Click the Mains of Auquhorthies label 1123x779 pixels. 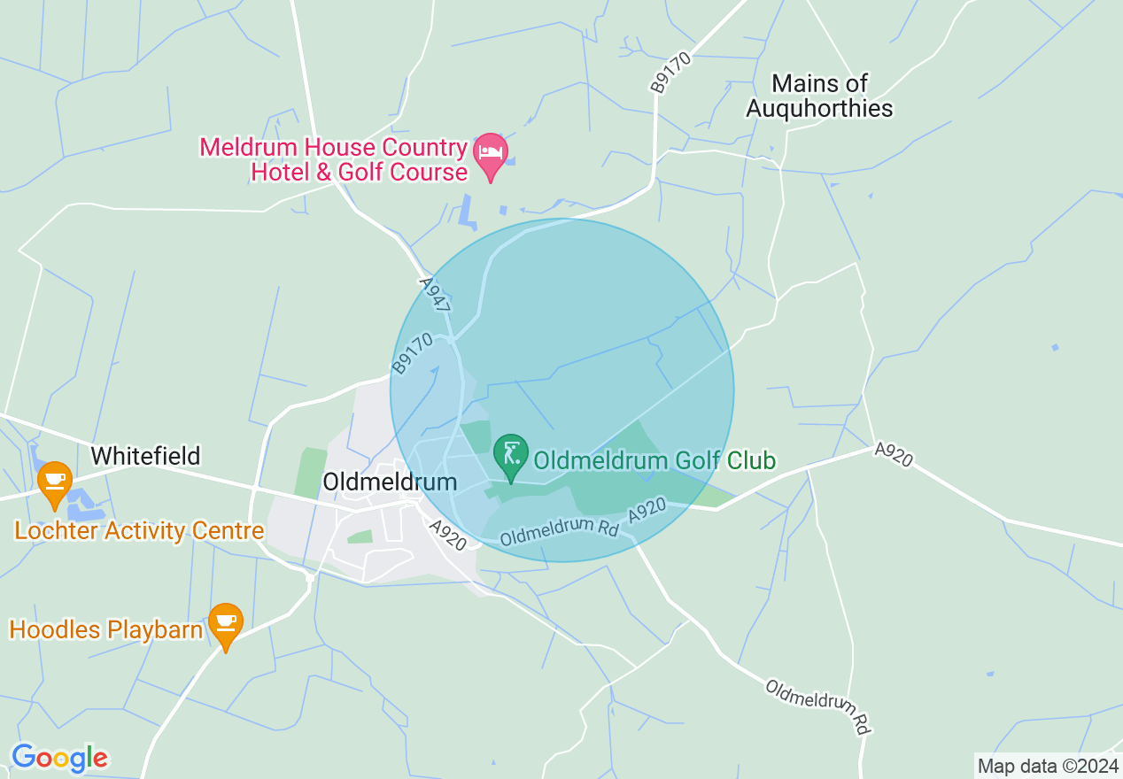coord(819,96)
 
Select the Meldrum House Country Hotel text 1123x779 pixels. coord(333,158)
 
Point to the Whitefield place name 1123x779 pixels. coord(146,456)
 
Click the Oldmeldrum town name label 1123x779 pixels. coord(390,482)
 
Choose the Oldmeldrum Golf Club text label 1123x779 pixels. coord(654,460)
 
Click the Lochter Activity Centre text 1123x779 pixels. coord(140,531)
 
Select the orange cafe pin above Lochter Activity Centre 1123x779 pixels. coord(55,482)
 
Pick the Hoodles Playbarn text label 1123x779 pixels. coord(106,630)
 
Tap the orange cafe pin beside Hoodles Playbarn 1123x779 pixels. coord(226,624)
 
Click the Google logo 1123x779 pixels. coord(59,758)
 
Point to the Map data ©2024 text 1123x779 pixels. coord(1048,766)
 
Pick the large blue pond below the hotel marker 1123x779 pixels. coord(467,212)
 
